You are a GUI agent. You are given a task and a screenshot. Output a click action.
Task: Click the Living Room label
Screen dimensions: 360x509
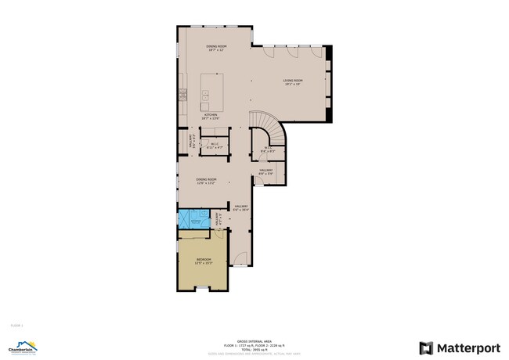click(x=293, y=81)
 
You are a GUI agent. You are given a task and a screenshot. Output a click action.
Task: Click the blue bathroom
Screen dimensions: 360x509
click(x=193, y=220)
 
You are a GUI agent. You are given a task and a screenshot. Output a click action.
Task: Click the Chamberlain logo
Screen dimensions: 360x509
click(x=23, y=346)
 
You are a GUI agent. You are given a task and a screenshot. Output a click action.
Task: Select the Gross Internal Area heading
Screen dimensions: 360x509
click(x=254, y=342)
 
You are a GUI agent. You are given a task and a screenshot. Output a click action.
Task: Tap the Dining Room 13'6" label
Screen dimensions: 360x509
click(x=206, y=181)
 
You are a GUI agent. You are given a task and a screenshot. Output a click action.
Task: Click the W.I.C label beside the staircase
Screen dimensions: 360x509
click(x=268, y=149)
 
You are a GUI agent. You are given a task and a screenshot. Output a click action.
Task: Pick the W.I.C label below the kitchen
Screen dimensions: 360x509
click(x=204, y=145)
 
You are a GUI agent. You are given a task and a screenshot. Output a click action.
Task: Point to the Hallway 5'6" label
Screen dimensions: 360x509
click(x=240, y=207)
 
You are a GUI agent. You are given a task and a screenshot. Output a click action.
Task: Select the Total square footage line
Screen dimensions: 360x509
click(x=254, y=349)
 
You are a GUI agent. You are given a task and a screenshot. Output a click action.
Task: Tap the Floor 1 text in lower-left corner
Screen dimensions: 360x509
click(x=16, y=324)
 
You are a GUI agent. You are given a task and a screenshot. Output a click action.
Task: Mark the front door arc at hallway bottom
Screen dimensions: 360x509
click(x=241, y=259)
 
